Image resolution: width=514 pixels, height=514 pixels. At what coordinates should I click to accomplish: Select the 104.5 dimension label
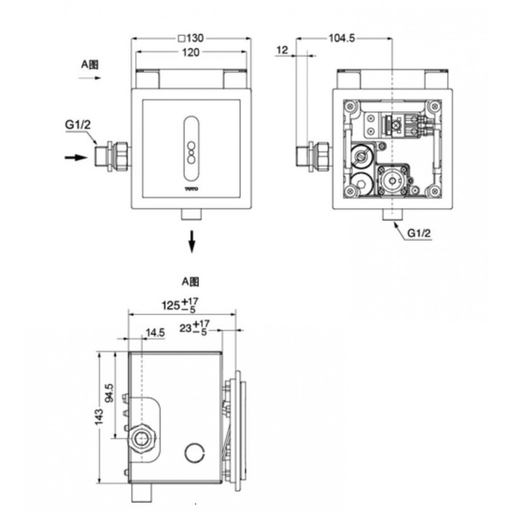pos(341,38)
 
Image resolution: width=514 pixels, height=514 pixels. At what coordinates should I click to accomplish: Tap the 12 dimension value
pos(282,50)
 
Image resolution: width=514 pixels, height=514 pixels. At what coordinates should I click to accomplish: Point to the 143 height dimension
pos(99,418)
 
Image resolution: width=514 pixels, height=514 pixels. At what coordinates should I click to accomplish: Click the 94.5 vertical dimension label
pos(109,393)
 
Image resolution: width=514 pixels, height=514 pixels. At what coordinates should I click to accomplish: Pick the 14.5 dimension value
pos(155,333)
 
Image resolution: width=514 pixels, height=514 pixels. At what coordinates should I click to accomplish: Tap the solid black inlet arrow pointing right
pos(75,158)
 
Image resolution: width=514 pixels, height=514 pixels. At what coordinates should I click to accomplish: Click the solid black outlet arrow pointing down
pos(191,241)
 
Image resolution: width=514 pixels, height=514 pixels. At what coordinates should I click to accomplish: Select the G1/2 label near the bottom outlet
pos(419,232)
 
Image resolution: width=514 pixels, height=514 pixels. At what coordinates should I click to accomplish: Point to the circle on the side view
pos(194,453)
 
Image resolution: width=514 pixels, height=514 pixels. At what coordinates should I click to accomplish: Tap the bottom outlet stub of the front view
pos(191,216)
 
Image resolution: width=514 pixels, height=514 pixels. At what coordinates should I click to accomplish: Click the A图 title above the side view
pos(191,282)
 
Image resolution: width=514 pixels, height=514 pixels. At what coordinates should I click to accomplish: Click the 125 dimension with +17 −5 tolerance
pos(179,305)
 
